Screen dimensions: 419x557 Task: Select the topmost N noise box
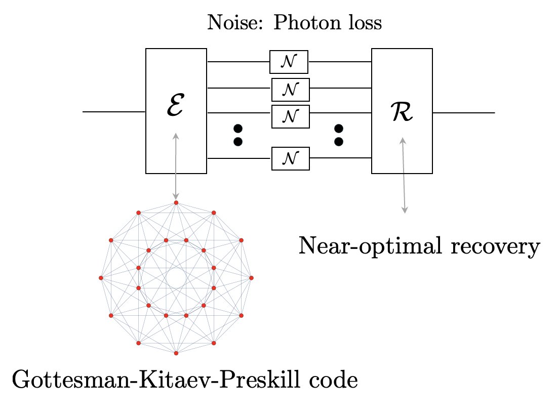289,62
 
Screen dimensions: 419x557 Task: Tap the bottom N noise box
290,158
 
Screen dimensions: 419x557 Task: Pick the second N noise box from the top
290,89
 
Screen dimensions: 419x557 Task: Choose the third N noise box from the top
290,116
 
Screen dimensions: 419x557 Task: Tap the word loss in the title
362,24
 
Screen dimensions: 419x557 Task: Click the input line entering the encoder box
114,111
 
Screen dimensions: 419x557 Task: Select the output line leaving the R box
463,112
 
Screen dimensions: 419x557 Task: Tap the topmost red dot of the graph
176,203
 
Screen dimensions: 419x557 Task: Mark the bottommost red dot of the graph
176,353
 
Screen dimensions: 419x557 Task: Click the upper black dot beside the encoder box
238,128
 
